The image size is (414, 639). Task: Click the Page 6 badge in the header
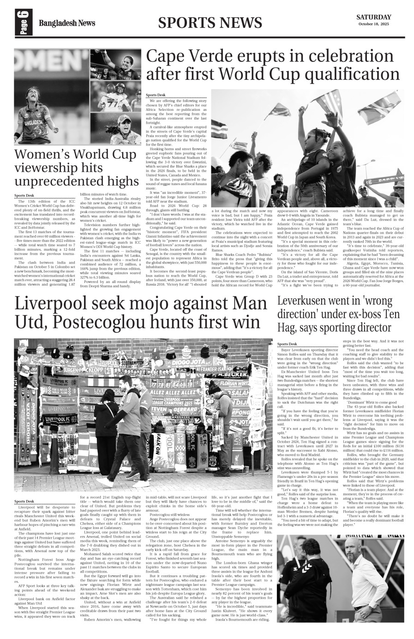click(24, 23)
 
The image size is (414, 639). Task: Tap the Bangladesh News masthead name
click(67, 23)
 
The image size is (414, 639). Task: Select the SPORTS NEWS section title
click(210, 23)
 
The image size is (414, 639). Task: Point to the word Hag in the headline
click(288, 327)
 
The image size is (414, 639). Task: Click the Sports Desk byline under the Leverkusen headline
click(287, 344)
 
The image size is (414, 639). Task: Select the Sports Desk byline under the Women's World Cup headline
click(24, 195)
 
